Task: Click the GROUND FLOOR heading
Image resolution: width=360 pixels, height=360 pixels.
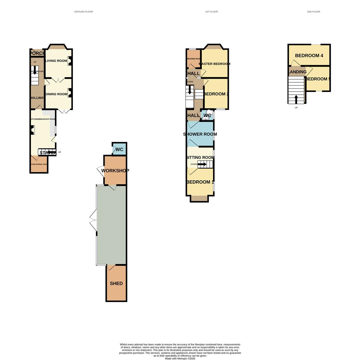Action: [83, 12]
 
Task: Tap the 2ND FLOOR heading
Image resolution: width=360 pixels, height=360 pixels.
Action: [313, 12]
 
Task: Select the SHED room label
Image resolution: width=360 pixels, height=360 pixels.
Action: [116, 284]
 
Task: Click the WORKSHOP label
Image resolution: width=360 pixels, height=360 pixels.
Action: [115, 171]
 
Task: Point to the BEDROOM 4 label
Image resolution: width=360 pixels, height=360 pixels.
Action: [309, 56]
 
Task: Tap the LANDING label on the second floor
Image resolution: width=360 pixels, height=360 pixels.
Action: [297, 72]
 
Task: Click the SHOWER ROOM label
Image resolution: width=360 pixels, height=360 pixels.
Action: [200, 134]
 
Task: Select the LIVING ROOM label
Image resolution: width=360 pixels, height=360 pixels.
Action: [56, 61]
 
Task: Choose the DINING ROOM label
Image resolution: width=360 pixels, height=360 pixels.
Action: [56, 94]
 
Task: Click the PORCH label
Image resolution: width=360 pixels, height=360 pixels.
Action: [37, 53]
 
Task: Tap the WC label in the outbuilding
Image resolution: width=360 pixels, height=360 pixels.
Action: [120, 150]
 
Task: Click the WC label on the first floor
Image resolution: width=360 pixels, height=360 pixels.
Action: [207, 116]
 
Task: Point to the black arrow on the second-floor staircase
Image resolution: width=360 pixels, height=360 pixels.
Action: [296, 99]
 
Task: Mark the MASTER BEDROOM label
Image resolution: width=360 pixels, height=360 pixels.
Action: [214, 64]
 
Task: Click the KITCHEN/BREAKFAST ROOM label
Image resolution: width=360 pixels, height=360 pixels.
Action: [43, 119]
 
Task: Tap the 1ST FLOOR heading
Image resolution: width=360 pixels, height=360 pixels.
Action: [211, 12]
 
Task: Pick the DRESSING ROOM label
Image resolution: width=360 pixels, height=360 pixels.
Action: [193, 59]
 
